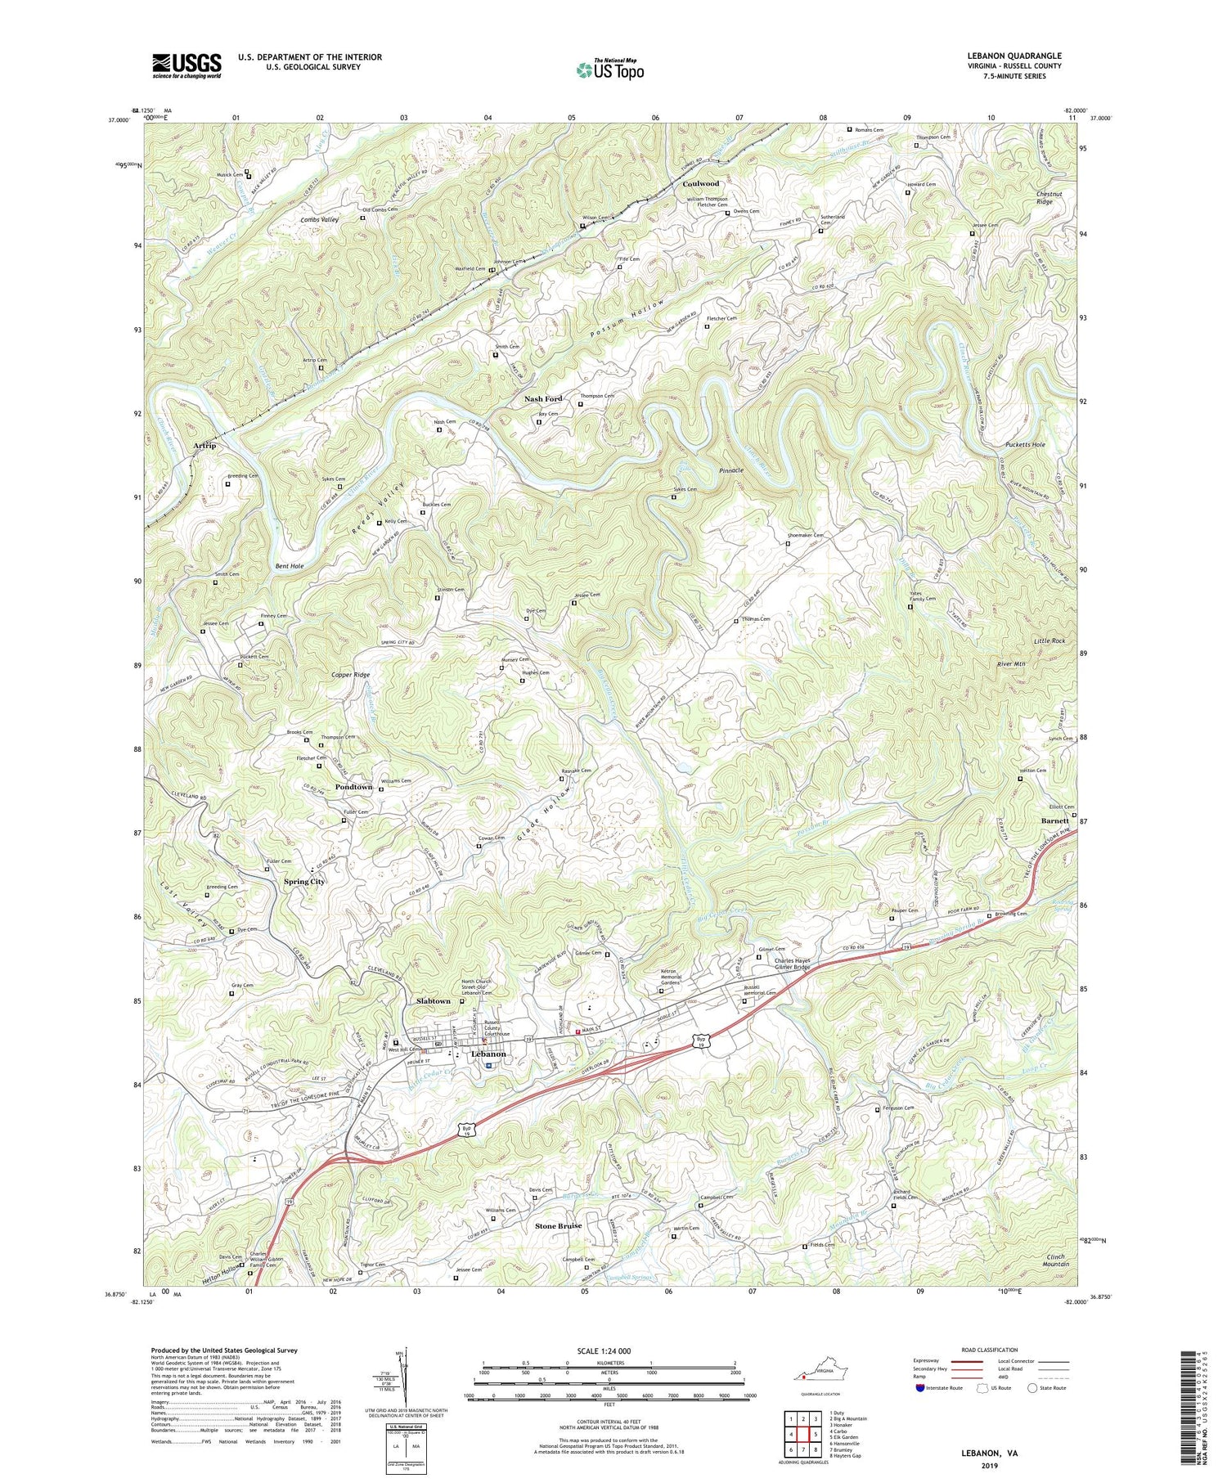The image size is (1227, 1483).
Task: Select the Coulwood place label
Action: pos(700,184)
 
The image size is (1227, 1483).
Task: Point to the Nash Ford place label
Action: pos(543,398)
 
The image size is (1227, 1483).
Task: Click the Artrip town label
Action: pos(204,445)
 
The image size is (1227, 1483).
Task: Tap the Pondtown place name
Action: pos(353,787)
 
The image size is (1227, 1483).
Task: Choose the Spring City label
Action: pos(303,882)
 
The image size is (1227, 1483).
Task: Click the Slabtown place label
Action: pos(433,1001)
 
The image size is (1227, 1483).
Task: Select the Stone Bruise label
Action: pos(559,1226)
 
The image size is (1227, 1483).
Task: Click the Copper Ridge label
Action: pos(350,675)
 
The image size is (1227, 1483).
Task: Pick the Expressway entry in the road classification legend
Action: pos(928,1361)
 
